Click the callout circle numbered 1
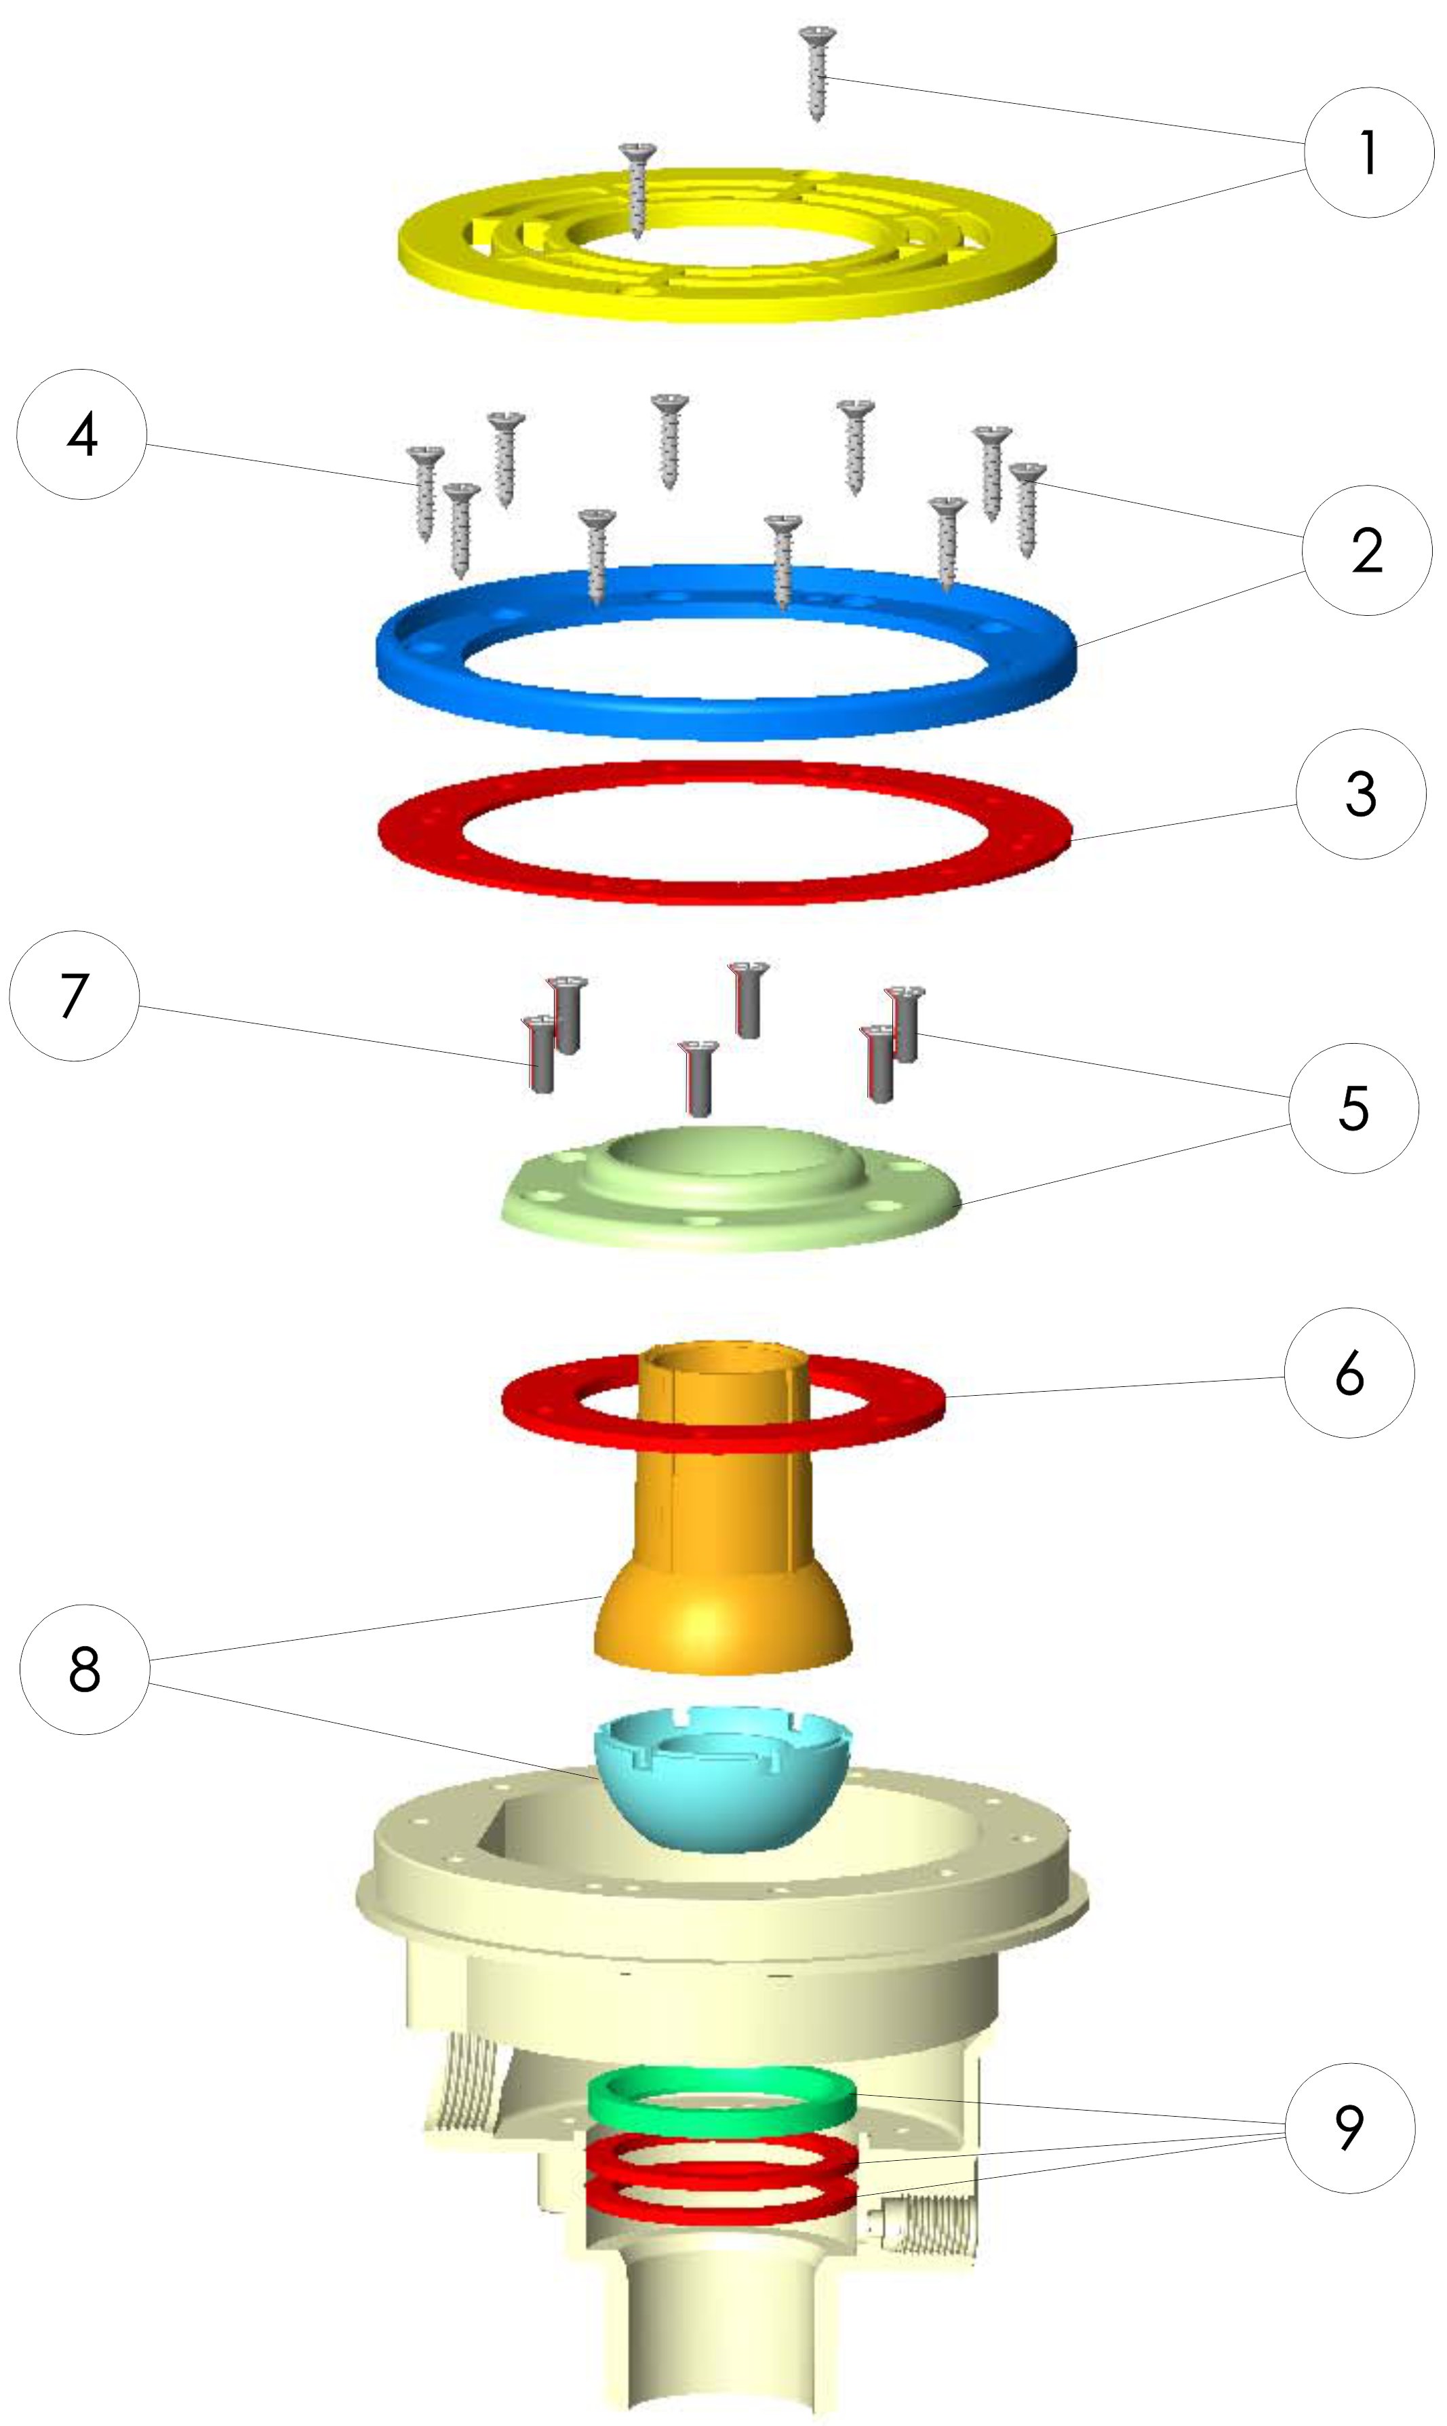click(1369, 152)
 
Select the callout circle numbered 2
click(1367, 551)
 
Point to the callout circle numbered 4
click(82, 434)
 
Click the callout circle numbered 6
click(1349, 1373)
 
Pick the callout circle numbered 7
click(74, 996)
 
